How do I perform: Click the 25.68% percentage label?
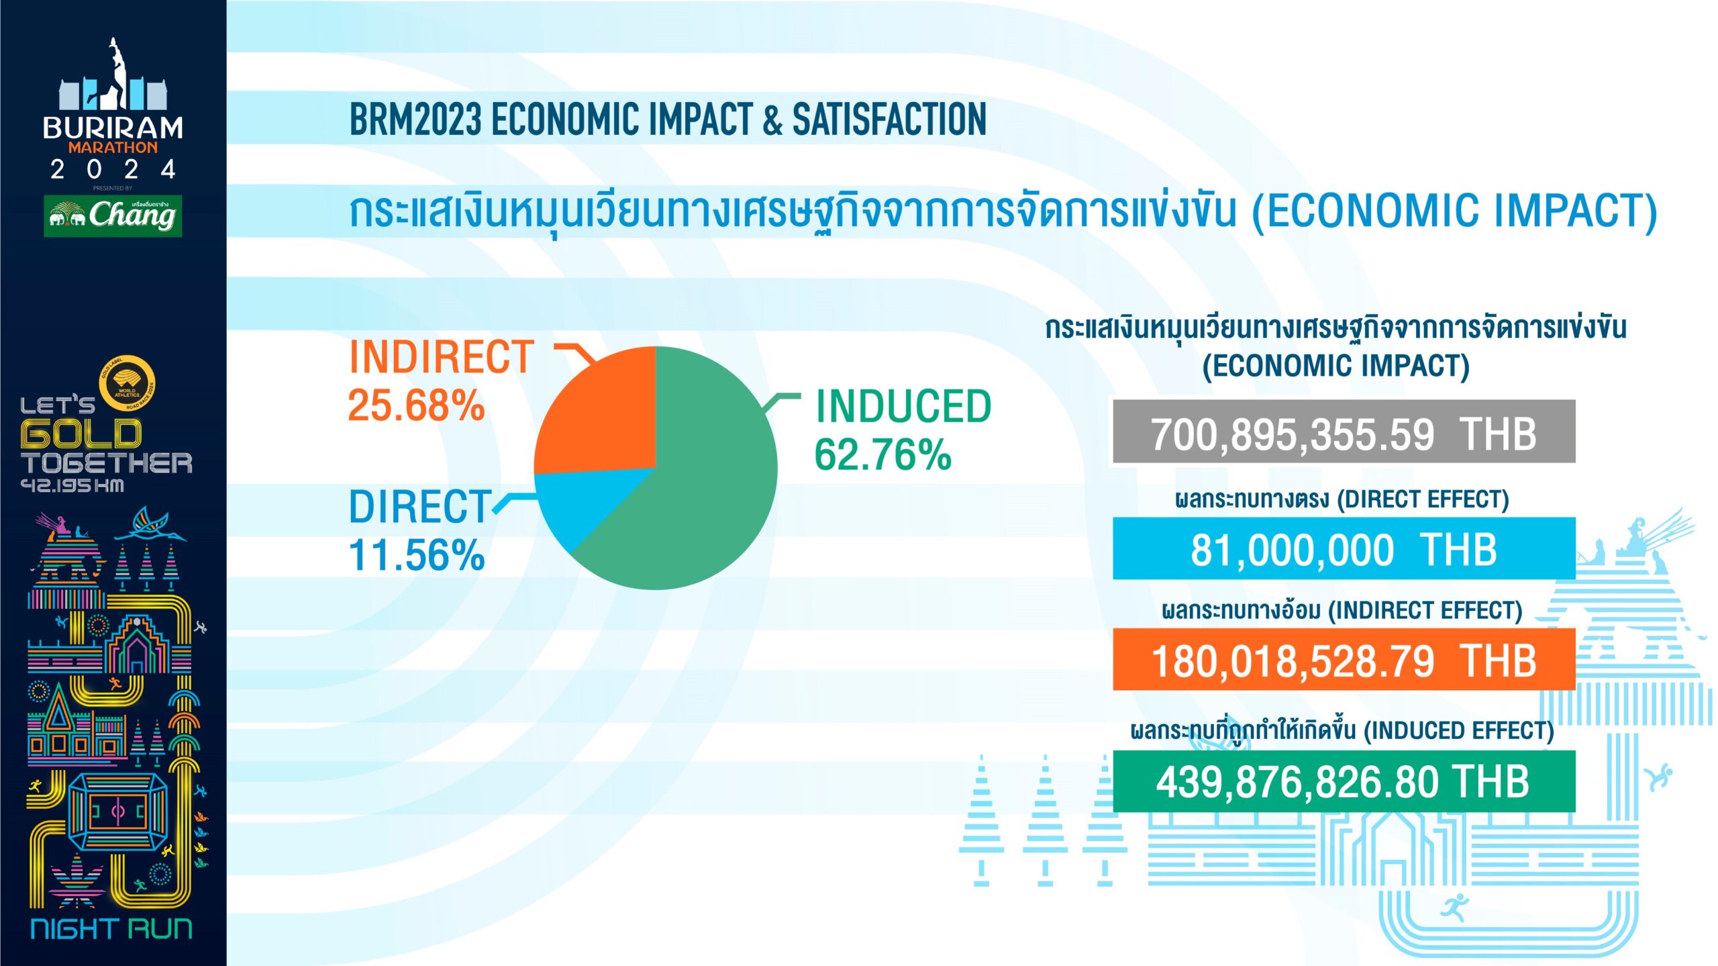(x=416, y=405)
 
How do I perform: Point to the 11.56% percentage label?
(x=416, y=555)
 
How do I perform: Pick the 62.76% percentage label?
(x=883, y=454)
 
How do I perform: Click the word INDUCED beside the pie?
(x=903, y=406)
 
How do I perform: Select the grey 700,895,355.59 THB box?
(x=1344, y=432)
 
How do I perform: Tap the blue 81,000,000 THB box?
(x=1344, y=548)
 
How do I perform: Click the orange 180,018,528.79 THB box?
(x=1344, y=659)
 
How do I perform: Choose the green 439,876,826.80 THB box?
(x=1344, y=781)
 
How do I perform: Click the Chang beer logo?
(x=113, y=215)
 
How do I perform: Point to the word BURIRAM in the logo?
(x=113, y=128)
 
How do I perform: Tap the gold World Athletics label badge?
(x=128, y=383)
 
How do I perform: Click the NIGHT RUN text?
(x=111, y=929)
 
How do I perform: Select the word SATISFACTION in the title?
(x=889, y=119)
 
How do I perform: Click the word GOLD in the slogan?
(x=81, y=434)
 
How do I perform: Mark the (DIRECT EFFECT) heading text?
(x=1423, y=499)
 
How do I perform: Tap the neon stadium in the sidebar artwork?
(x=118, y=812)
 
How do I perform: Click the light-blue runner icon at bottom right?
(x=1454, y=909)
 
